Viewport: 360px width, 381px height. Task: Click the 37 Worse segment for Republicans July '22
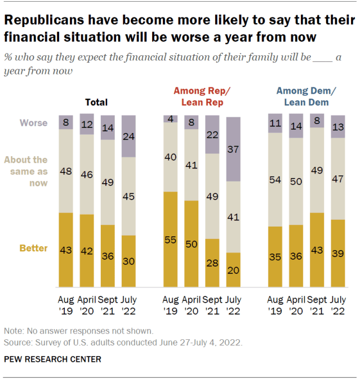234,149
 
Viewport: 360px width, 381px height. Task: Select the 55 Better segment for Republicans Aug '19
171,239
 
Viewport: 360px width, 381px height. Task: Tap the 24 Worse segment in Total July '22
129,136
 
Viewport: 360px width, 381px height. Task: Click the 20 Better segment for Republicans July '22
234,269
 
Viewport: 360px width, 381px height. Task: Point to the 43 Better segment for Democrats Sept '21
317,249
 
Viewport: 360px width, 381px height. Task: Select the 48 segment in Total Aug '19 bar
66,171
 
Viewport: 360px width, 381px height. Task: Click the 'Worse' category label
34,123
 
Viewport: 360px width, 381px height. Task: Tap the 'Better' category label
34,248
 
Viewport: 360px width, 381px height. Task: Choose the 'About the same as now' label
26,171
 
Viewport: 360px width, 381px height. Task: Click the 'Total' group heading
96,103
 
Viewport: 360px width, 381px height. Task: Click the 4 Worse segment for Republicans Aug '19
171,118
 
